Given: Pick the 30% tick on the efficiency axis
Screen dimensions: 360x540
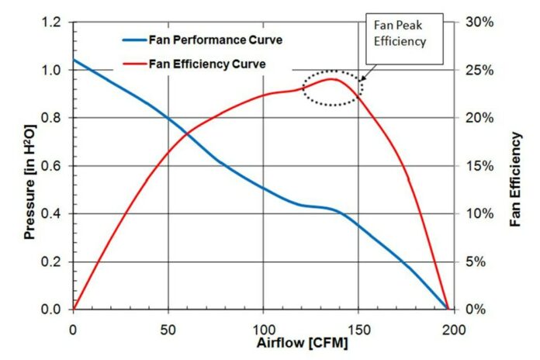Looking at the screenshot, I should [479, 22].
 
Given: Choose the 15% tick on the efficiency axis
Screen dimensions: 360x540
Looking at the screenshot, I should [479, 166].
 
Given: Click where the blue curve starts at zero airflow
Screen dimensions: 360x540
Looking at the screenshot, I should [74, 60].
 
